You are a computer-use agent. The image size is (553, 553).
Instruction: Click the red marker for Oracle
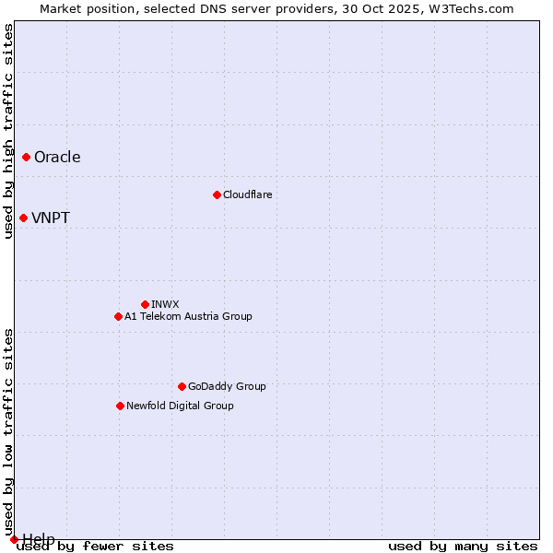click(27, 158)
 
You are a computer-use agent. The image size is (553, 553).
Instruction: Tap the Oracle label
click(57, 158)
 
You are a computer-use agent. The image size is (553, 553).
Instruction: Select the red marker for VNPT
click(24, 218)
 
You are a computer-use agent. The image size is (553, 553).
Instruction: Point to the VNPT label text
click(51, 218)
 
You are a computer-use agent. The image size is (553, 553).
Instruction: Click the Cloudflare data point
click(217, 194)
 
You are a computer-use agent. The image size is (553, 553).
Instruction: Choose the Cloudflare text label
click(248, 195)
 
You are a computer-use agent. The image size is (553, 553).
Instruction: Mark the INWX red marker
click(145, 304)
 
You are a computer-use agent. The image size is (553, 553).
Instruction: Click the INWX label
click(165, 305)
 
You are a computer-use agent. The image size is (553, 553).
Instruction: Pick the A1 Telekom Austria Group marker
click(118, 317)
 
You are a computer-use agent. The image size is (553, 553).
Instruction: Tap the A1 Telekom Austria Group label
click(188, 317)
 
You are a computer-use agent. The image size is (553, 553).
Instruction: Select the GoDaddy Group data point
click(182, 386)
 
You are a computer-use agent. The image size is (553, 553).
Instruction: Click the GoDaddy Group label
click(227, 387)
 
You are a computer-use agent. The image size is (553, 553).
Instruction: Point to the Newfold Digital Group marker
click(120, 406)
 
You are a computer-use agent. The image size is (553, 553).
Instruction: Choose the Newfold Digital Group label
click(180, 406)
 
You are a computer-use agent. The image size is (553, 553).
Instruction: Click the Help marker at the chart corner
click(14, 539)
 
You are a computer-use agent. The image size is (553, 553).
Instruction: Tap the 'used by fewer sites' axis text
click(96, 547)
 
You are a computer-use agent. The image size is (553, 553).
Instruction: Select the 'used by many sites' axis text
click(463, 547)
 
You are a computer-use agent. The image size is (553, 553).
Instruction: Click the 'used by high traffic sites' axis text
click(9, 131)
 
